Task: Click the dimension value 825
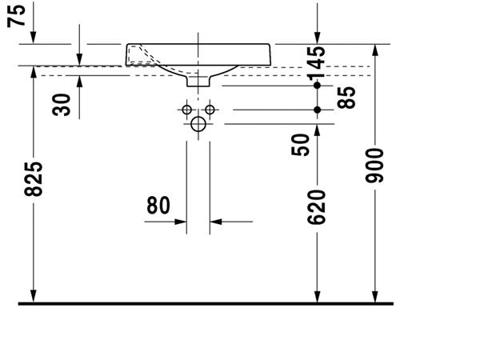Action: click(x=34, y=179)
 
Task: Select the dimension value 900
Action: click(x=374, y=166)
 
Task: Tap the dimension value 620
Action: click(x=317, y=207)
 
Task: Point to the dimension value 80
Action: click(x=158, y=206)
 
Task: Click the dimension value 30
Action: click(x=62, y=105)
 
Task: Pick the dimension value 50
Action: click(x=301, y=145)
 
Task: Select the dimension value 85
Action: click(x=346, y=98)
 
